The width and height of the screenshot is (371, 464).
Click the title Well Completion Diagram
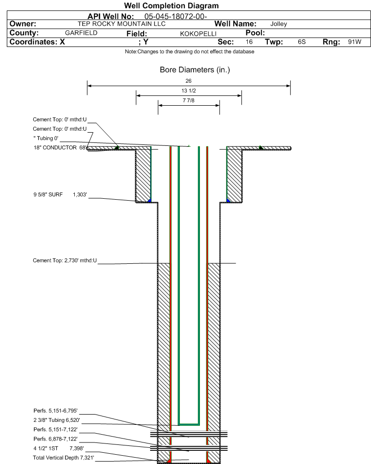[171, 5]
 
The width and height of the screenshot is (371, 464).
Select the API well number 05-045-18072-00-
[175, 16]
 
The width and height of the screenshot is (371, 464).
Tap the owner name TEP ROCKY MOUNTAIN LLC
[122, 24]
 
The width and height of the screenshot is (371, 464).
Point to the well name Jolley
[279, 24]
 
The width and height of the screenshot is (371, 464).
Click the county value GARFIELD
[81, 33]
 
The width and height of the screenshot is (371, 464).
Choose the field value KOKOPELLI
[198, 34]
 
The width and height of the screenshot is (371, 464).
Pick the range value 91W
[354, 42]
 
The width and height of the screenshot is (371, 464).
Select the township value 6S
[302, 42]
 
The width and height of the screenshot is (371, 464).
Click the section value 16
[249, 42]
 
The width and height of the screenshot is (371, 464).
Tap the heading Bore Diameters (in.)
[195, 70]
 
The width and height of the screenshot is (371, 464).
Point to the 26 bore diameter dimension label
[188, 81]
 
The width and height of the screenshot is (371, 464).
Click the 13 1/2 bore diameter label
[189, 91]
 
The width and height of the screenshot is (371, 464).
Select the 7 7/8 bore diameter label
[189, 101]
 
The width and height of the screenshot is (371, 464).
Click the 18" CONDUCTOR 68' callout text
[60, 148]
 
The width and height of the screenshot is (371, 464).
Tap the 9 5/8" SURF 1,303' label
[60, 195]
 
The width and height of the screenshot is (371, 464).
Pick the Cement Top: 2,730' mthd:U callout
[65, 261]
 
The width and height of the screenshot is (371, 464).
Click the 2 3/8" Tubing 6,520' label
[57, 420]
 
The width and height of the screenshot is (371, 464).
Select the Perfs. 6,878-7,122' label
[56, 439]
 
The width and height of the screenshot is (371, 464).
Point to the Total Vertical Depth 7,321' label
[64, 458]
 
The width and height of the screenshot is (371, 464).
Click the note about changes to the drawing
[190, 51]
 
